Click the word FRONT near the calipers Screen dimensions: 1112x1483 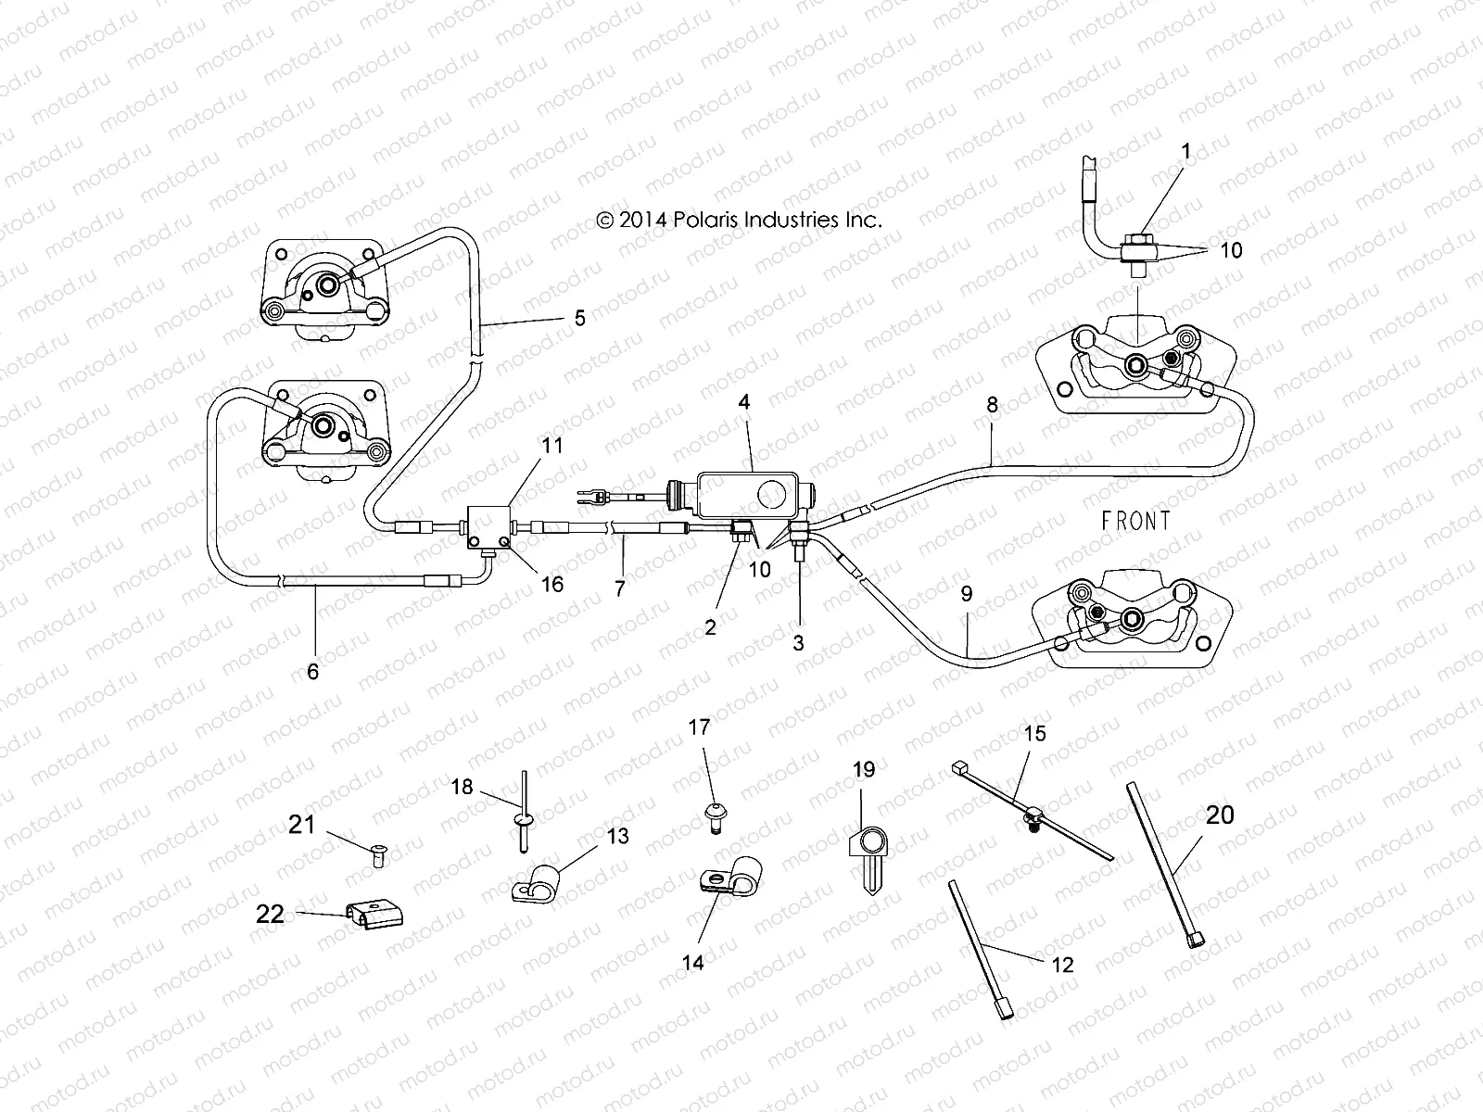pyautogui.click(x=1135, y=521)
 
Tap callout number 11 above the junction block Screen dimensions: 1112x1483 pyautogui.click(x=551, y=446)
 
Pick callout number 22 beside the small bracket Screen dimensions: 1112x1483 pyautogui.click(x=270, y=914)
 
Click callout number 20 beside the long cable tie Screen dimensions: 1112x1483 pyautogui.click(x=1220, y=815)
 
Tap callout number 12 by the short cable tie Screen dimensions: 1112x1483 pyautogui.click(x=1062, y=964)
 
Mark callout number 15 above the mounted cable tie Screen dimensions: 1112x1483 pyautogui.click(x=1034, y=734)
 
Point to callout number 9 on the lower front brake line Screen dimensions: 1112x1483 pyautogui.click(x=967, y=594)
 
